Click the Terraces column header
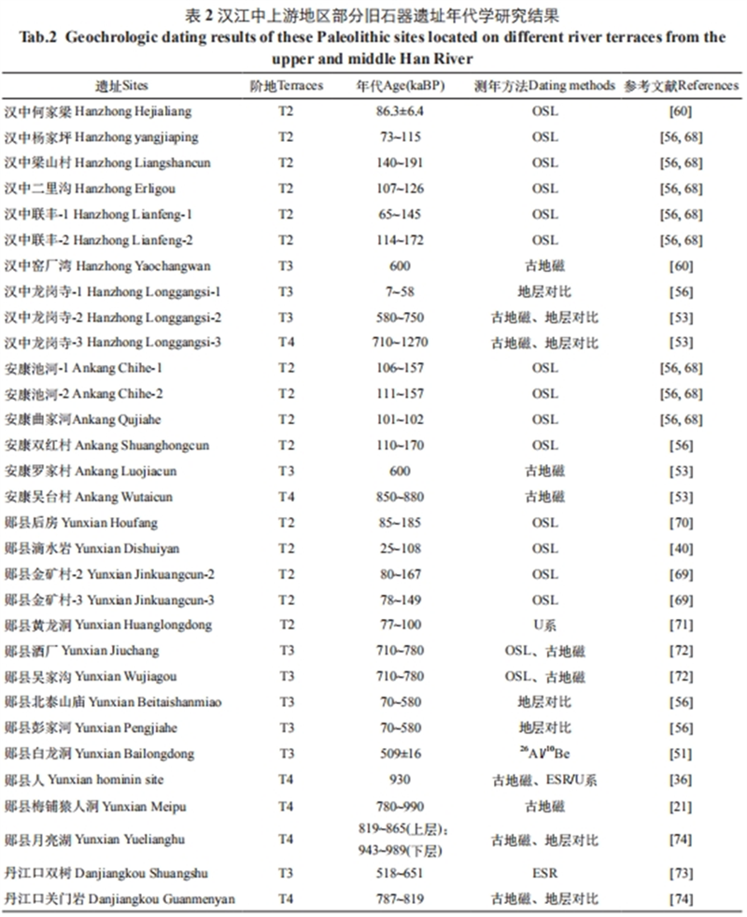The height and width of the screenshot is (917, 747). click(x=287, y=85)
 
